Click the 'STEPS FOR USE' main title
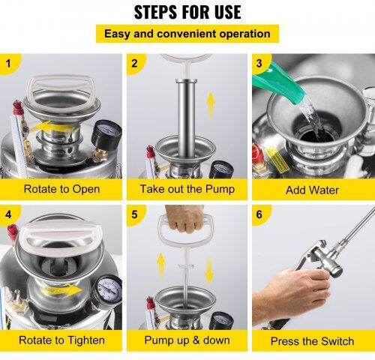[187, 12]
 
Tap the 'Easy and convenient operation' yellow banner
[187, 34]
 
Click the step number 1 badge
[9, 63]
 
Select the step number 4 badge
[9, 214]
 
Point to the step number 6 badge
[259, 214]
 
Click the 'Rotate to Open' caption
[61, 189]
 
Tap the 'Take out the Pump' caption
[187, 189]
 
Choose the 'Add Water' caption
[312, 190]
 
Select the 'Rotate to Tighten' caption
[61, 340]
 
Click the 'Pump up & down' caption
[187, 340]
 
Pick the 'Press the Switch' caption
[312, 341]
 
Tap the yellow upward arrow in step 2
[211, 104]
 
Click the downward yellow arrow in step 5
[209, 269]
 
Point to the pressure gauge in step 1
[106, 134]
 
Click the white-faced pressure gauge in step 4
[107, 290]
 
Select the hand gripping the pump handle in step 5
[185, 218]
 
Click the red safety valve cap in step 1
[17, 107]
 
